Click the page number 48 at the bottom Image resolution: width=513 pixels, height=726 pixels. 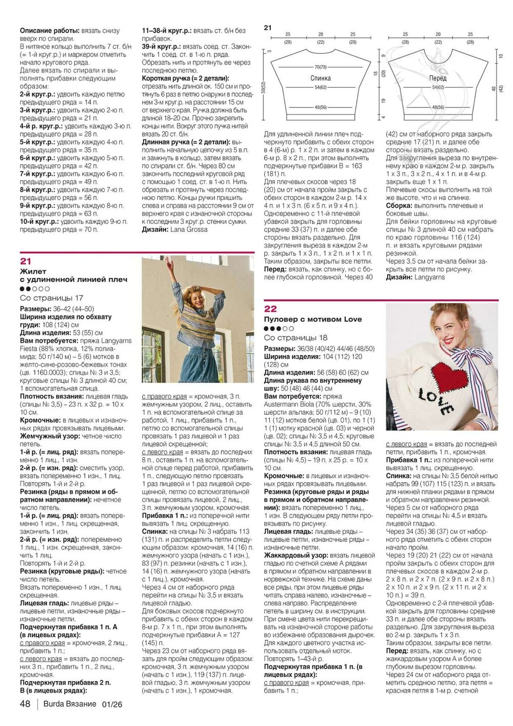25,704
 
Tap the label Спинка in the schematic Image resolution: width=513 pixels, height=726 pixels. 320,79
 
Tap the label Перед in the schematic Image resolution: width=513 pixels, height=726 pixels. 438,79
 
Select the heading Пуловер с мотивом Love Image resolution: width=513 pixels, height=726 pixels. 313,319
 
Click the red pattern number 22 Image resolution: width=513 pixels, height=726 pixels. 270,308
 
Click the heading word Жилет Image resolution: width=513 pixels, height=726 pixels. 33,271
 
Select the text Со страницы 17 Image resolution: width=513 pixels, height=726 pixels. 51,298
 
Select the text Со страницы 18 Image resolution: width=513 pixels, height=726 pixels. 295,338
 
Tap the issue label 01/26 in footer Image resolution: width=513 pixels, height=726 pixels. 112,704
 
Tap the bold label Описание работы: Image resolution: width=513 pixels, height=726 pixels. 49,31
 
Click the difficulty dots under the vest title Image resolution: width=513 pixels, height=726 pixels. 34,289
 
